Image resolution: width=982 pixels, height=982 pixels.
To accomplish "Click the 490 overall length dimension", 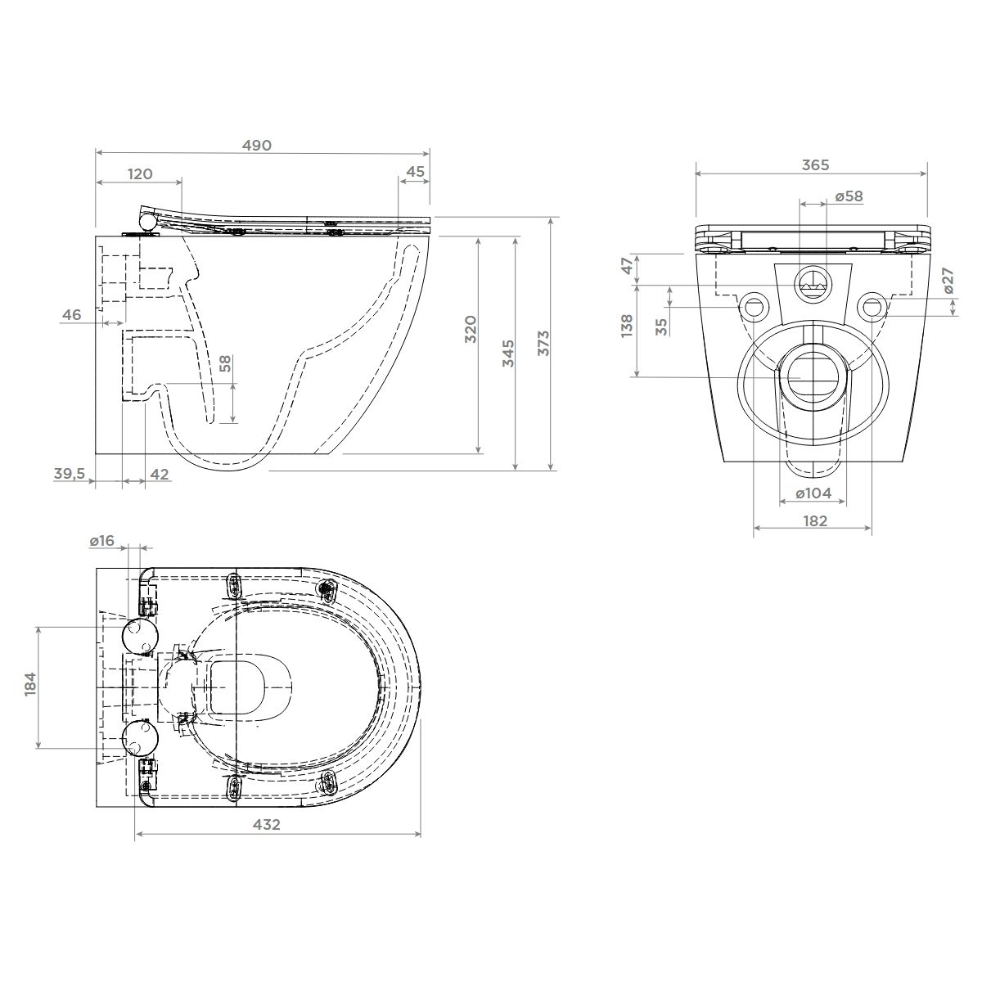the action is [x=256, y=145].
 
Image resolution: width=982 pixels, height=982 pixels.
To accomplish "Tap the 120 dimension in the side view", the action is [x=140, y=173].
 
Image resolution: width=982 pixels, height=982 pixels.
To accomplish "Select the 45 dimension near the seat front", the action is [x=416, y=172].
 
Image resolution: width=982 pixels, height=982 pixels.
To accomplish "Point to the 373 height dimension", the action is [x=543, y=343].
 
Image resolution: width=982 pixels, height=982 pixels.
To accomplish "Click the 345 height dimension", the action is [x=508, y=353].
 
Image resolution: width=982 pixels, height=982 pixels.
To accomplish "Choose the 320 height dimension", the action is [x=471, y=329].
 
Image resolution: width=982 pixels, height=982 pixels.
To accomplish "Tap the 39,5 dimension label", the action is [x=70, y=474].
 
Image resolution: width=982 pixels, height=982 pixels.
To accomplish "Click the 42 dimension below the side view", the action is [x=160, y=474].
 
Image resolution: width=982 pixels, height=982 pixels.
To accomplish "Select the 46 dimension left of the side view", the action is [x=71, y=314].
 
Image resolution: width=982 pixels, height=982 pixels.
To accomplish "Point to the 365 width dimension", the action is [x=815, y=164].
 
